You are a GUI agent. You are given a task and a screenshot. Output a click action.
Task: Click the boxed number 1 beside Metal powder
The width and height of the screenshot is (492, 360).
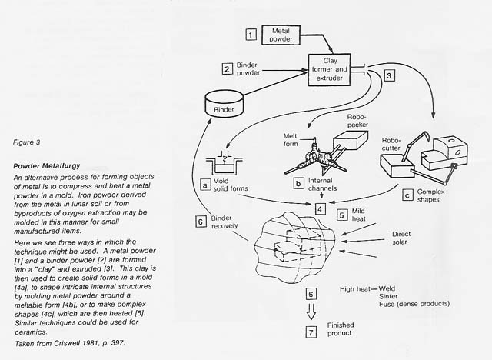click(250, 34)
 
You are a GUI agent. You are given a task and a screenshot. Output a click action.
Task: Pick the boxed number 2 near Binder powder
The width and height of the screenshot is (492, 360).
click(227, 68)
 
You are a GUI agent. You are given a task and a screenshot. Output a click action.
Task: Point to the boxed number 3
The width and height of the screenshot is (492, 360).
click(390, 75)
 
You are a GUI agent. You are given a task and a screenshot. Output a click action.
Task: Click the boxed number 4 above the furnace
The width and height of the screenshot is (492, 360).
click(320, 208)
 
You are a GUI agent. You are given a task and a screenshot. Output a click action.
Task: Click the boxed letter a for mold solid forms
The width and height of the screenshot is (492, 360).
click(205, 184)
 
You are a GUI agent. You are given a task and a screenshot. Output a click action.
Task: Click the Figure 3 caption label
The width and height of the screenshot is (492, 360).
click(28, 143)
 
